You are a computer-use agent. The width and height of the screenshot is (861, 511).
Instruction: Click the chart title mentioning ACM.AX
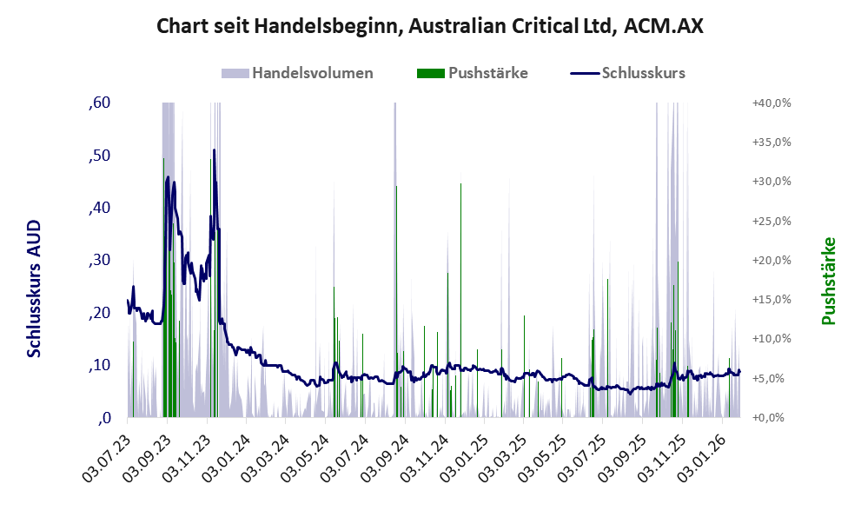point(430,26)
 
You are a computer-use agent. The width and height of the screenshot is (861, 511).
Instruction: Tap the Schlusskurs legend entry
point(643,73)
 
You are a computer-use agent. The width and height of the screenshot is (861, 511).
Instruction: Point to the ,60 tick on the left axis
point(99,103)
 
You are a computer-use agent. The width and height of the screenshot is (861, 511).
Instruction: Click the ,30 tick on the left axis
point(99,261)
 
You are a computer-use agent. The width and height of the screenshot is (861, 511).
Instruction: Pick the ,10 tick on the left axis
point(99,365)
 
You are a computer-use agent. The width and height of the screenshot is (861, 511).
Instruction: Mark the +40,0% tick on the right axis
point(771,103)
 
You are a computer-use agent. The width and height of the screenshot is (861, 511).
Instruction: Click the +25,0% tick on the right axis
point(771,221)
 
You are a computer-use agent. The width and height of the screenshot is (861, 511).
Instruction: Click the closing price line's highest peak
point(214,150)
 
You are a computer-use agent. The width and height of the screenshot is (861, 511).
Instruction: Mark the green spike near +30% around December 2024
point(460,185)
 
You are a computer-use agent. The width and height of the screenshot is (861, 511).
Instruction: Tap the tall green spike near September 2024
point(396,188)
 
